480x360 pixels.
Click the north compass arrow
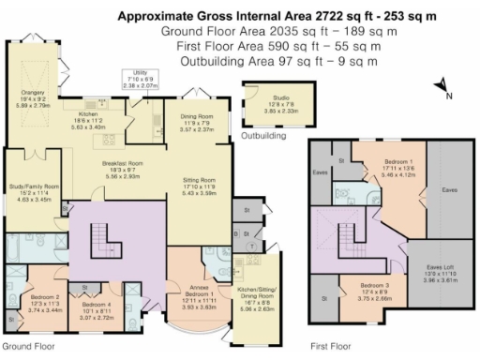pyautogui.click(x=442, y=87)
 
